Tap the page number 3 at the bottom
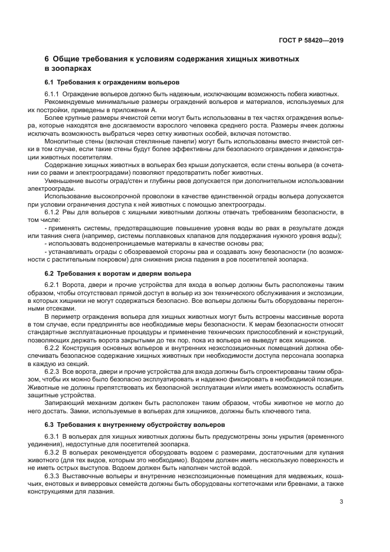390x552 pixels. pyautogui.click(x=341, y=502)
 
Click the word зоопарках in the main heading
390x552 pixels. pyautogui.click(x=68, y=68)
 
